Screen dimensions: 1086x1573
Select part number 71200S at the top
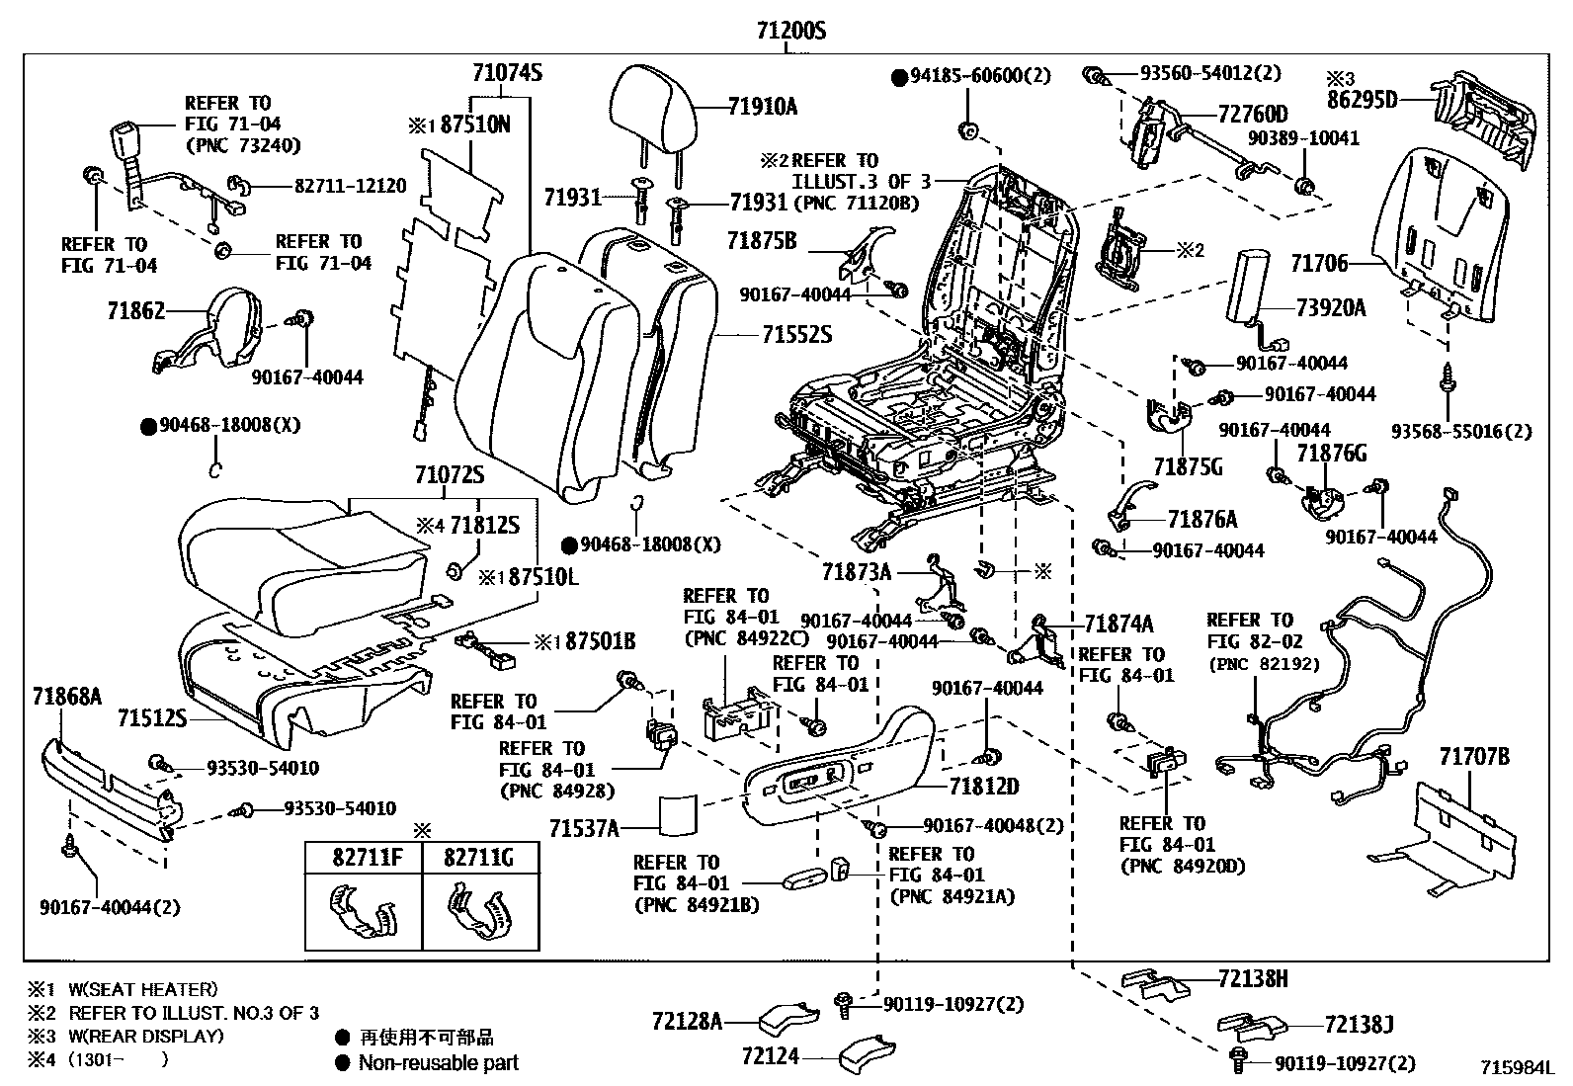[790, 32]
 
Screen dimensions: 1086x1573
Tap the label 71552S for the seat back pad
[796, 336]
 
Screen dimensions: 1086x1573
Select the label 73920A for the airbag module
[1331, 308]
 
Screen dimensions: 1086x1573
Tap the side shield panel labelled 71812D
[840, 781]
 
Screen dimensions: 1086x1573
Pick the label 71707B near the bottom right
[1474, 757]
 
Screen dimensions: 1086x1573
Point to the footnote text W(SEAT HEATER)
[143, 989]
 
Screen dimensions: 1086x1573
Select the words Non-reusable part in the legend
[438, 1063]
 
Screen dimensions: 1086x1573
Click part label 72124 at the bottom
[770, 1057]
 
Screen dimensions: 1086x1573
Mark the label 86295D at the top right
[1362, 99]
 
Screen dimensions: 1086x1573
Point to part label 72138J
[1359, 1026]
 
